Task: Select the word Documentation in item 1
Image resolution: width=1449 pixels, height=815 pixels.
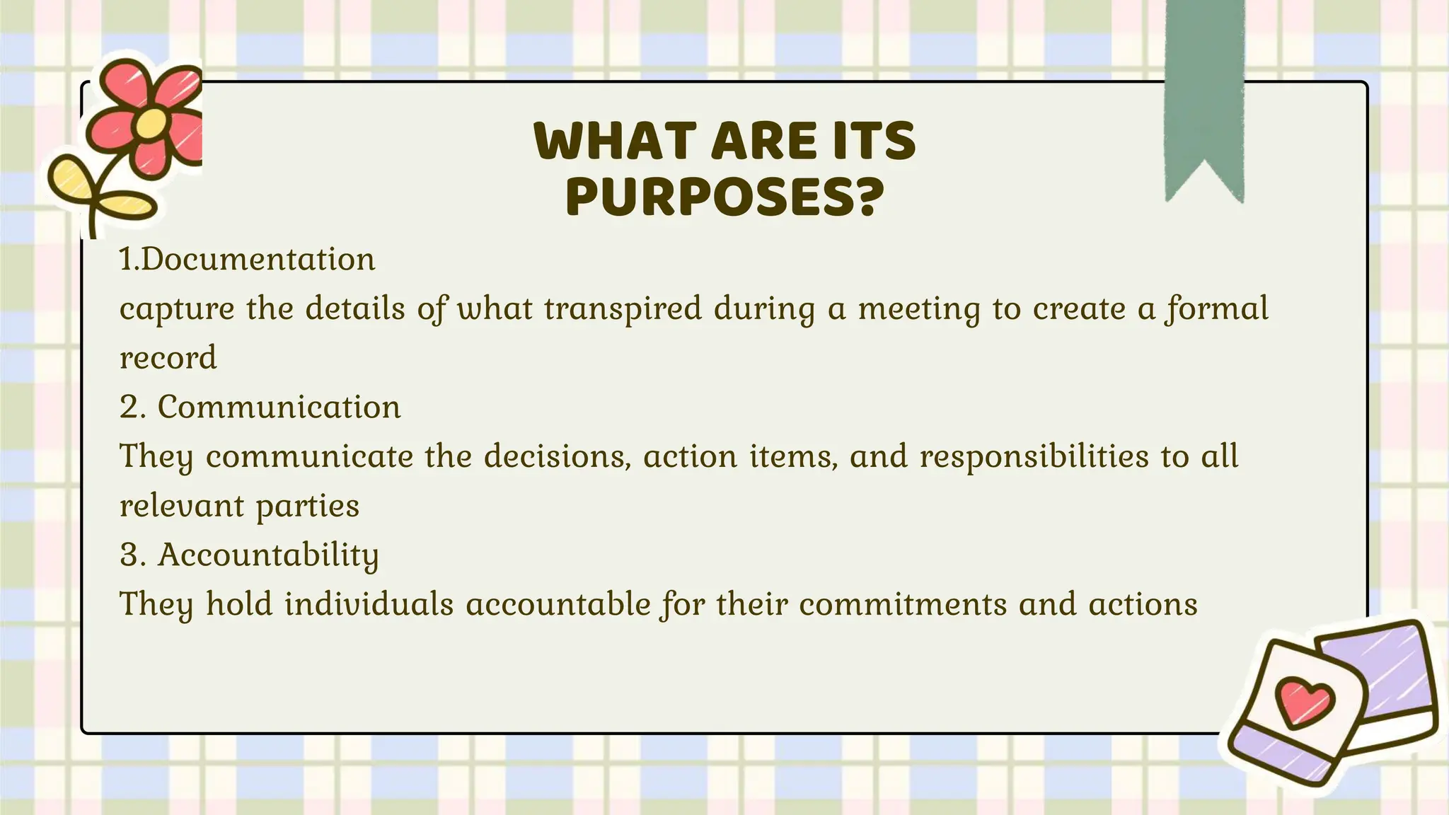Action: coord(258,260)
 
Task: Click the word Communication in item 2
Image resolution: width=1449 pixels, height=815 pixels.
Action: coord(279,407)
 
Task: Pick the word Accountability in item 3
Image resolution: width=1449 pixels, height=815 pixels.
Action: coord(268,555)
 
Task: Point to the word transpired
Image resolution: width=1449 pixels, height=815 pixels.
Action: coord(623,309)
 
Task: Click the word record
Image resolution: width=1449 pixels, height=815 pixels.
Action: coord(168,358)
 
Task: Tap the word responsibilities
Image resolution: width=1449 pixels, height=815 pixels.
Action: coord(1034,456)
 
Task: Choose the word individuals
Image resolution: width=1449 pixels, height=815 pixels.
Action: coord(369,605)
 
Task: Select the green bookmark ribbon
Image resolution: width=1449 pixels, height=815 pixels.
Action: coord(1204,92)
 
